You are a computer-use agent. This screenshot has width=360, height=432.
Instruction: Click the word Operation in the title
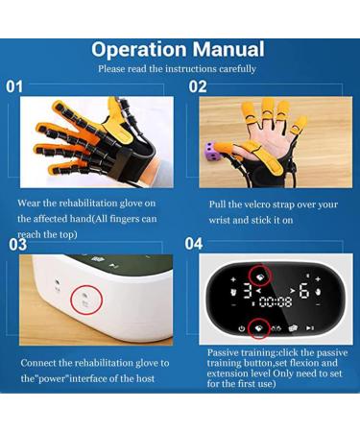138,50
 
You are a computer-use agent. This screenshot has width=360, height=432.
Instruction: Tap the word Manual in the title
228,49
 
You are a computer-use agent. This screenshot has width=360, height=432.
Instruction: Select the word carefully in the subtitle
237,69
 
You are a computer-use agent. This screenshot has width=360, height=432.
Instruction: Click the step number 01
14,86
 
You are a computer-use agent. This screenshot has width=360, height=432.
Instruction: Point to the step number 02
198,86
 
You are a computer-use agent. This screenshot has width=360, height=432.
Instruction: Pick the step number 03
17,245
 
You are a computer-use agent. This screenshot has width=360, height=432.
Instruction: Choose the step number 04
194,244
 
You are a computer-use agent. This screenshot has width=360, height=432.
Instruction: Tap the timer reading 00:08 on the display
276,301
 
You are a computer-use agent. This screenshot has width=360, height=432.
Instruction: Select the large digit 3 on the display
247,291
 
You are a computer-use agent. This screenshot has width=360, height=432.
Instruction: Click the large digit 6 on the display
304,291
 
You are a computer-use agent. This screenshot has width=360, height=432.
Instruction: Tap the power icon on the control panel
242,328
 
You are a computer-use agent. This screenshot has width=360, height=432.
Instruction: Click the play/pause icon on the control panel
310,328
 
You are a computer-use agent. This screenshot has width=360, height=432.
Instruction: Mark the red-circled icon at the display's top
259,277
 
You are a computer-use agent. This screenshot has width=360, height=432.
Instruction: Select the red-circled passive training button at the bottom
258,328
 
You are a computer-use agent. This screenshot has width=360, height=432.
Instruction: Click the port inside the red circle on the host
84,295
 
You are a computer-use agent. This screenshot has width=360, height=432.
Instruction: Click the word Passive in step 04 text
223,352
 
